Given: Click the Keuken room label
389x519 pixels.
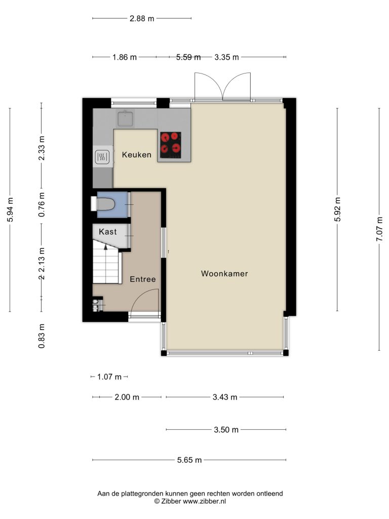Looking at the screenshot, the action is click(137, 155).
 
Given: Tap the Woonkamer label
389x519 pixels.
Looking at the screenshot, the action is click(224, 274).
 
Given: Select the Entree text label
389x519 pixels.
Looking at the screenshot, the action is click(142, 279).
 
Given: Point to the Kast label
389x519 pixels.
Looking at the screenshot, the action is click(108, 232).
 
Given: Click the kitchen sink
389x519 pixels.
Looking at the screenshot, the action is click(126, 119).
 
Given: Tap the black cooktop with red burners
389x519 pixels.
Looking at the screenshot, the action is click(171, 145).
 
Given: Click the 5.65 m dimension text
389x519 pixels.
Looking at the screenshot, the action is click(189, 460).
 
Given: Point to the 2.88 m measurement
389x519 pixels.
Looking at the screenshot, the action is click(142, 19).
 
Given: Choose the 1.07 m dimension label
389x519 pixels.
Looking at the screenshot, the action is click(109, 377).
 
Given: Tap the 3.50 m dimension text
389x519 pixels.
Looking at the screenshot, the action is click(226, 430).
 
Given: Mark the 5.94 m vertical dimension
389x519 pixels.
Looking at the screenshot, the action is click(10, 210).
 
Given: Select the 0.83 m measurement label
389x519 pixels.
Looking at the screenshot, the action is click(42, 336).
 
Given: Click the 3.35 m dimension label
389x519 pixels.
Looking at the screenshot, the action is click(226, 57).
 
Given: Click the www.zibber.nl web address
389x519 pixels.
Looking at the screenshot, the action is click(205, 501).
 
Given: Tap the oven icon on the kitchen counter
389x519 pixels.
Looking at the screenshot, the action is click(102, 157).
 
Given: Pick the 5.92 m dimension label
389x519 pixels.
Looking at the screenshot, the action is click(337, 209).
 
